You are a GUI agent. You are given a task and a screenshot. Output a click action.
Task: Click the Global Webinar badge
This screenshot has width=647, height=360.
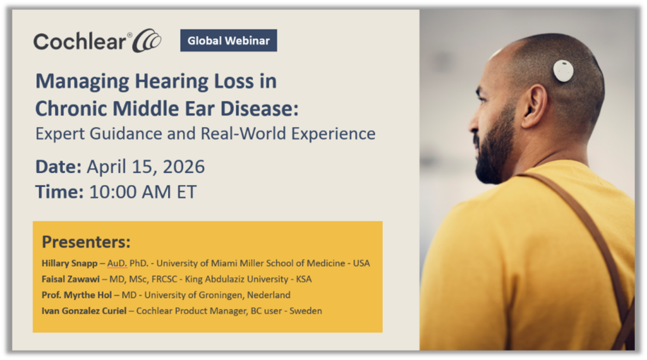(x=229, y=40)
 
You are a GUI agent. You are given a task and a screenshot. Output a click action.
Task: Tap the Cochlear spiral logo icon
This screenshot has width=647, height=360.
(x=147, y=40)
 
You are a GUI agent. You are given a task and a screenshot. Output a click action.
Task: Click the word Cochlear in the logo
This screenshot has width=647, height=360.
(x=80, y=42)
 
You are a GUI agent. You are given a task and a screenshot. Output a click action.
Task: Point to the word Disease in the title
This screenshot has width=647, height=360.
(x=259, y=109)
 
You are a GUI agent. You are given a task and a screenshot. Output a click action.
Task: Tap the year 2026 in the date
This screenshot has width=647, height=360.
(x=184, y=167)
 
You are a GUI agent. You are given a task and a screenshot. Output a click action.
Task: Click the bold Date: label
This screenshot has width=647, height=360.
(x=59, y=167)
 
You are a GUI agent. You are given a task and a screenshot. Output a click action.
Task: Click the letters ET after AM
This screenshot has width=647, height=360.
(x=186, y=192)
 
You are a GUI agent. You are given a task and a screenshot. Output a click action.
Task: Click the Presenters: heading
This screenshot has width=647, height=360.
(x=86, y=242)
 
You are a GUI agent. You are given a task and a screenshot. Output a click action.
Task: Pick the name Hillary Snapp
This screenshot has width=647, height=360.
(x=70, y=263)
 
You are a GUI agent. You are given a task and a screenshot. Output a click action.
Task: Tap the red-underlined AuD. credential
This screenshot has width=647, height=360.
(x=117, y=263)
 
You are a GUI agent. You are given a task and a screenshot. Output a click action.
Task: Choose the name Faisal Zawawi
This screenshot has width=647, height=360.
(x=71, y=279)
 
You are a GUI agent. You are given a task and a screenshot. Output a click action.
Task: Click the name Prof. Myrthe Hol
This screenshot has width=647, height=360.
(x=76, y=295)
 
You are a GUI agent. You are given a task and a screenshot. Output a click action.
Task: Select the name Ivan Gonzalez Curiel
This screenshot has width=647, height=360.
(x=84, y=311)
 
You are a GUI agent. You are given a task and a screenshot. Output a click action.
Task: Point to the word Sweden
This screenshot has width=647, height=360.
(x=305, y=311)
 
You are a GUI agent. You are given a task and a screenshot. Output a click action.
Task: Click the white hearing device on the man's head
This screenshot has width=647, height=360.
(x=563, y=71)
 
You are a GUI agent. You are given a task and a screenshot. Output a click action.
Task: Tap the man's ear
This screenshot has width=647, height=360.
(x=535, y=106)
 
